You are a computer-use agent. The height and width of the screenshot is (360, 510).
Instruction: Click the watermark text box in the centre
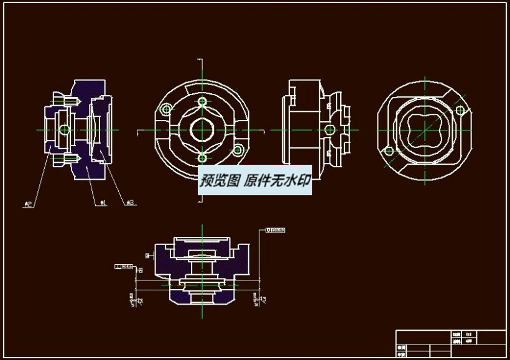tap(255, 181)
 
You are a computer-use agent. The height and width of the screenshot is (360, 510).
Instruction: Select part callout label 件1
tap(104, 203)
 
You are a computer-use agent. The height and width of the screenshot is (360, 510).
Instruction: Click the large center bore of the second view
tap(202, 129)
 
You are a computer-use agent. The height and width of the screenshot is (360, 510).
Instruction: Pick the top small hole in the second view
tap(202, 101)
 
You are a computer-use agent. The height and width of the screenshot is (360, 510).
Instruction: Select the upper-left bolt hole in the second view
tap(165, 109)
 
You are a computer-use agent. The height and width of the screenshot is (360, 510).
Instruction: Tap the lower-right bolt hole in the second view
tap(238, 150)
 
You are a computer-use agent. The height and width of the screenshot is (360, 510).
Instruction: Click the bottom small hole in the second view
tap(202, 157)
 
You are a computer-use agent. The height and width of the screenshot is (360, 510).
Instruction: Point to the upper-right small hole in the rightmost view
tap(460, 110)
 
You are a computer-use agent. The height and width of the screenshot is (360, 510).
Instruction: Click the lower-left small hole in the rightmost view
tap(389, 150)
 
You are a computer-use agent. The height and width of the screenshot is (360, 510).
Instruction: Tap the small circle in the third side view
tap(329, 130)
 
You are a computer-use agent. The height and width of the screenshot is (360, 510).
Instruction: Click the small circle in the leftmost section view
tap(65, 129)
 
